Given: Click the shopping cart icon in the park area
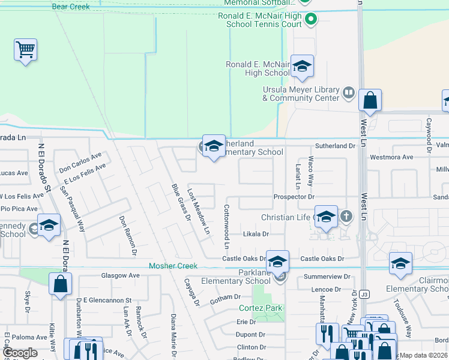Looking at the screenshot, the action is point(26,50).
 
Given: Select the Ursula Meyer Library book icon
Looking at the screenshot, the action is point(348,93).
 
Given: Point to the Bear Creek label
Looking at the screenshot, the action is point(71,7).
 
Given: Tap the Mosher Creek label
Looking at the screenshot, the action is point(173,266).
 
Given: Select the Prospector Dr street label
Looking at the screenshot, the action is point(294,197).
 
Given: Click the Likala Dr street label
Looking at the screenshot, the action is point(256,233).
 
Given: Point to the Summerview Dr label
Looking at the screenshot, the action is point(327,277).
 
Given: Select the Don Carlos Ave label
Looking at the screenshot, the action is point(80,161).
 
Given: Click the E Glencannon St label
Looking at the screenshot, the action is point(107,299).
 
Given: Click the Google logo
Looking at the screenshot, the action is point(20,353).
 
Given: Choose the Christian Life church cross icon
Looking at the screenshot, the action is point(346,215).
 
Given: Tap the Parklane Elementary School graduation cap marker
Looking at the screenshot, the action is point(278,261).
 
